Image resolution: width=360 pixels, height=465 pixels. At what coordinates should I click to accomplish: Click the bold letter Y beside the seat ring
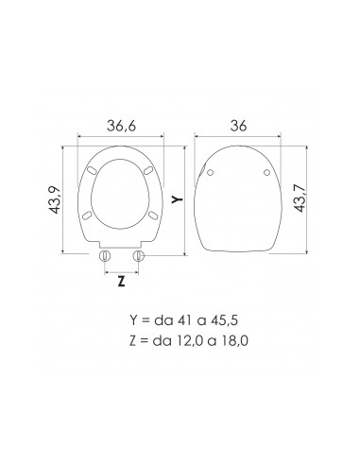176,199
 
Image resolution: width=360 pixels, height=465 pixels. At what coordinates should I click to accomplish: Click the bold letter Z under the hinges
121,281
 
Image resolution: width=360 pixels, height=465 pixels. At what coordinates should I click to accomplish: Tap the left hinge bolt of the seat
106,256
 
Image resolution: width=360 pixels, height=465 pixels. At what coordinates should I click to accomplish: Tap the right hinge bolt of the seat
140,256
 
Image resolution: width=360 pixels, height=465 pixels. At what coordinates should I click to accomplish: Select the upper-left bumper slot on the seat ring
94,171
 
